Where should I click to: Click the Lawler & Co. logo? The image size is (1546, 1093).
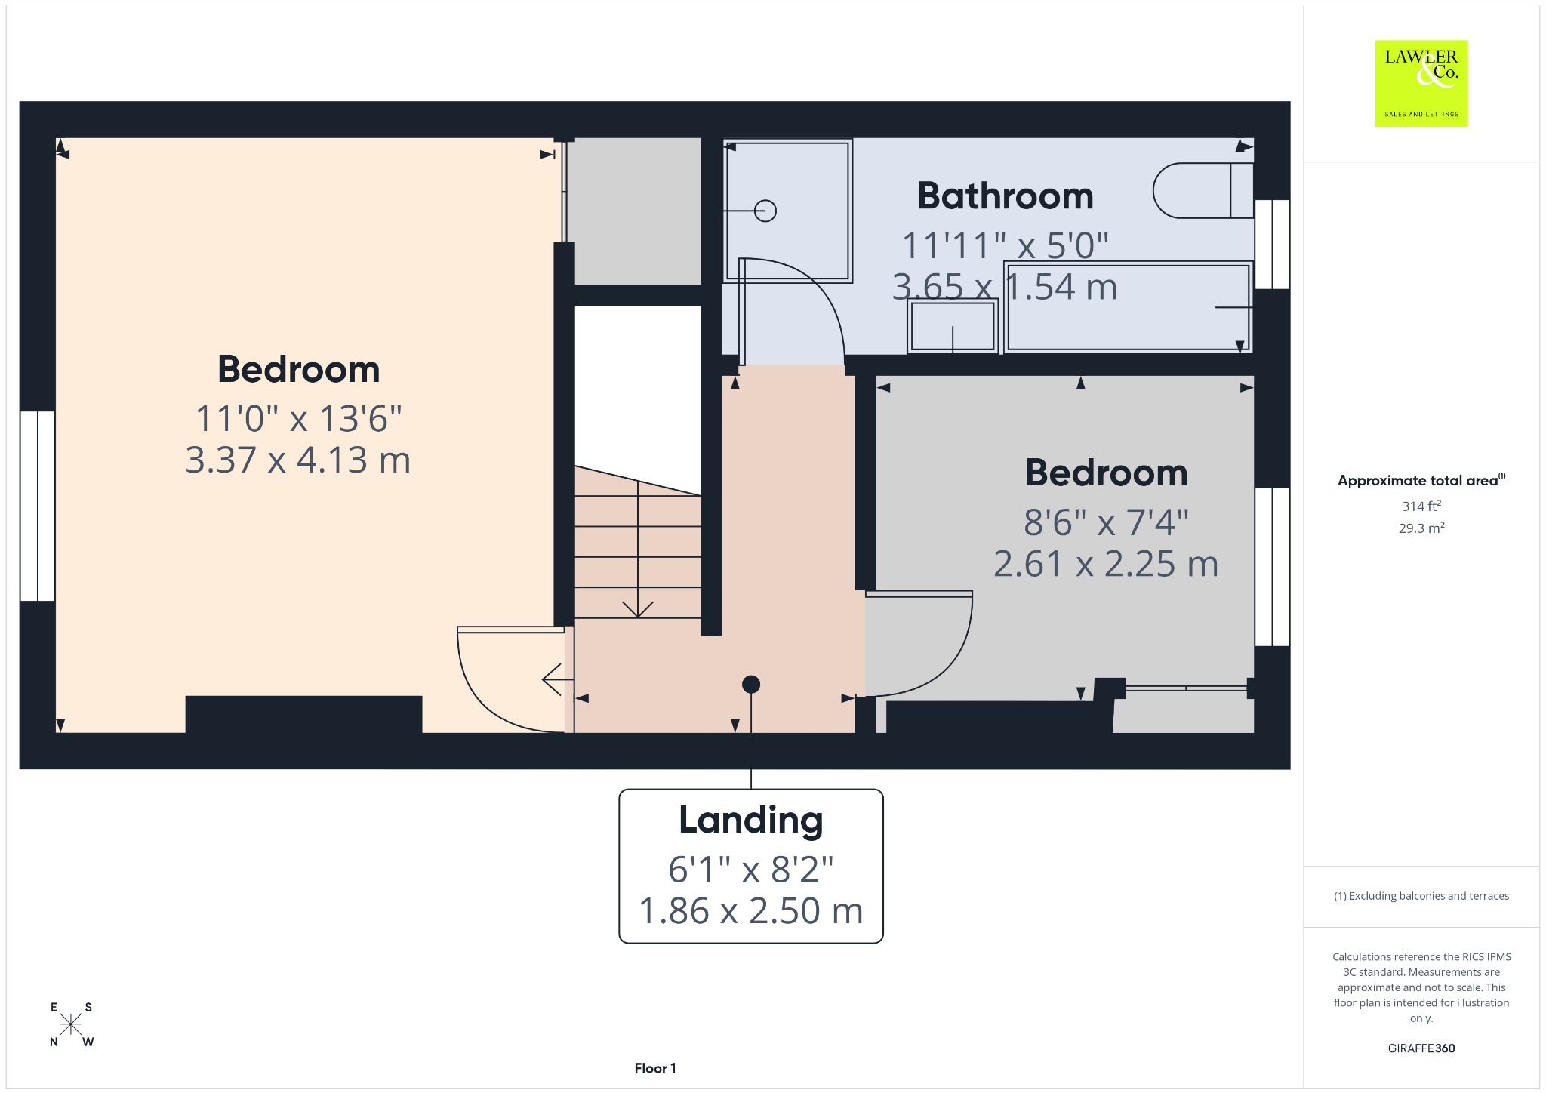pyautogui.click(x=1421, y=83)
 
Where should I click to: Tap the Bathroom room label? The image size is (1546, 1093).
pyautogui.click(x=1006, y=196)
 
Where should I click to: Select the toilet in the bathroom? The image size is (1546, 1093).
pyautogui.click(x=1203, y=190)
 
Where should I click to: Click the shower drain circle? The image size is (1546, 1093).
pyautogui.click(x=765, y=211)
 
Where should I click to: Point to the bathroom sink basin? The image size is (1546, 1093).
pyautogui.click(x=953, y=326)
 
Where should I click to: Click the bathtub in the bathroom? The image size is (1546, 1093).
pyautogui.click(x=1128, y=306)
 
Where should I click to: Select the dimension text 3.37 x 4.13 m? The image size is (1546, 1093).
pyautogui.click(x=298, y=460)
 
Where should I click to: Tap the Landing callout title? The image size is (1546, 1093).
pyautogui.click(x=751, y=821)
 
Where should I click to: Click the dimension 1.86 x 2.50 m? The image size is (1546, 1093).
pyautogui.click(x=751, y=910)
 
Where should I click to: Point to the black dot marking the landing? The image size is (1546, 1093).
pyautogui.click(x=751, y=685)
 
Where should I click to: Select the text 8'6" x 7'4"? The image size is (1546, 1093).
pyautogui.click(x=1106, y=522)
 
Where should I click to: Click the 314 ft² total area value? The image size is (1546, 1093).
pyautogui.click(x=1421, y=506)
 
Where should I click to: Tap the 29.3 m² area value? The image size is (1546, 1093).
pyautogui.click(x=1421, y=528)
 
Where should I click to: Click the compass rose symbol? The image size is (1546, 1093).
pyautogui.click(x=71, y=1024)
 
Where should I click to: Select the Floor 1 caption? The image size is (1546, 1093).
pyautogui.click(x=655, y=1068)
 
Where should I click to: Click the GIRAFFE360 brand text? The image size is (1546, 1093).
pyautogui.click(x=1421, y=1048)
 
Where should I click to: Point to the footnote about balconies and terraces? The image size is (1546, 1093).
pyautogui.click(x=1421, y=896)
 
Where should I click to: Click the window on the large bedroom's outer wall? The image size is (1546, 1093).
pyautogui.click(x=37, y=506)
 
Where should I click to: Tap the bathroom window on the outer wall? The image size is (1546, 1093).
pyautogui.click(x=1272, y=244)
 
